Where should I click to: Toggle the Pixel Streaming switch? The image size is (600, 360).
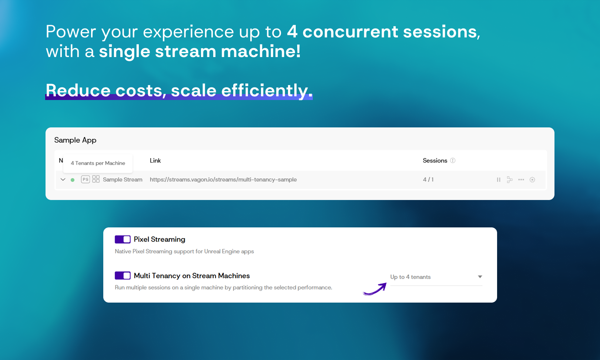(x=123, y=239)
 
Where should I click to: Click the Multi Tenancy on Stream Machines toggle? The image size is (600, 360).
(x=123, y=276)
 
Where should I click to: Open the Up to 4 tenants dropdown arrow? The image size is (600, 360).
(x=480, y=277)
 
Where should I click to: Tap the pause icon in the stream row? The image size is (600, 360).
(x=499, y=180)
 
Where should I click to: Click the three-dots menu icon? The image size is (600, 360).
(x=521, y=180)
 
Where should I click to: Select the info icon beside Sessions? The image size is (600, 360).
(x=453, y=161)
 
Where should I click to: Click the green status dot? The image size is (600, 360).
(x=73, y=180)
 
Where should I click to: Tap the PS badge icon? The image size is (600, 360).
(x=86, y=179)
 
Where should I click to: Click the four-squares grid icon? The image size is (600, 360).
(x=96, y=179)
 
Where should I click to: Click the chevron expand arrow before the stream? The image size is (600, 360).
(x=63, y=179)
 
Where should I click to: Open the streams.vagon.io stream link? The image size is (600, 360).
(x=223, y=180)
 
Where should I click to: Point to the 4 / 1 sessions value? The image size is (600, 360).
(x=428, y=180)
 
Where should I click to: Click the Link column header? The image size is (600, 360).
(x=155, y=161)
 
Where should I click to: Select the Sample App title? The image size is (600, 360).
(x=75, y=140)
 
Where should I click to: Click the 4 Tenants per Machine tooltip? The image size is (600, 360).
(x=98, y=163)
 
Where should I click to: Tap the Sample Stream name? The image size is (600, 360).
(x=123, y=180)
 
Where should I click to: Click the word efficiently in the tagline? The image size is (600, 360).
(x=267, y=90)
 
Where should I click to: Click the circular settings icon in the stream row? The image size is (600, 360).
(x=533, y=180)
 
